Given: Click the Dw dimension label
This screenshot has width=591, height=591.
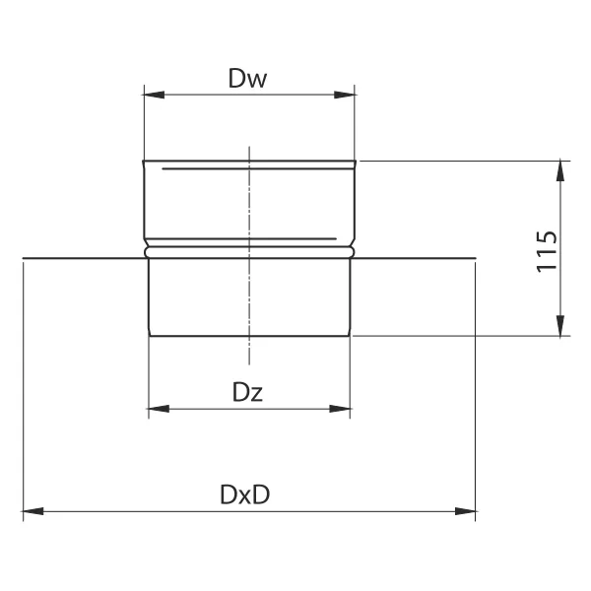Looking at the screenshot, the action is [x=247, y=79].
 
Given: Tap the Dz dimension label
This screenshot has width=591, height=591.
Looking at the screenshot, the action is [x=247, y=392].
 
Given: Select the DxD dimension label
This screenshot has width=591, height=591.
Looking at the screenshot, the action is [x=245, y=494].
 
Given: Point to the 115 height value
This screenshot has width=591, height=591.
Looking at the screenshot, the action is [x=547, y=251].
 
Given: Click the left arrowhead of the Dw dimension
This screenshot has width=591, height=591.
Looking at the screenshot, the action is [x=155, y=95].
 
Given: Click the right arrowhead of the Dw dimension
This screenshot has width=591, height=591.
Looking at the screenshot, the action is [x=345, y=95].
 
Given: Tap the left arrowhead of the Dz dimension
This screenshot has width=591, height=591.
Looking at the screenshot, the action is [x=159, y=409].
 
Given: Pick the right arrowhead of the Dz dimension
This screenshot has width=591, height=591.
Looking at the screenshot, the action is [x=340, y=409].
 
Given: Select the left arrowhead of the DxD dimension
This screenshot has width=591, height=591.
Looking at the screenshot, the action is [x=33, y=511].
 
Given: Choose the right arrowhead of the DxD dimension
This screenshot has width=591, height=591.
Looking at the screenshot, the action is [x=465, y=511].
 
